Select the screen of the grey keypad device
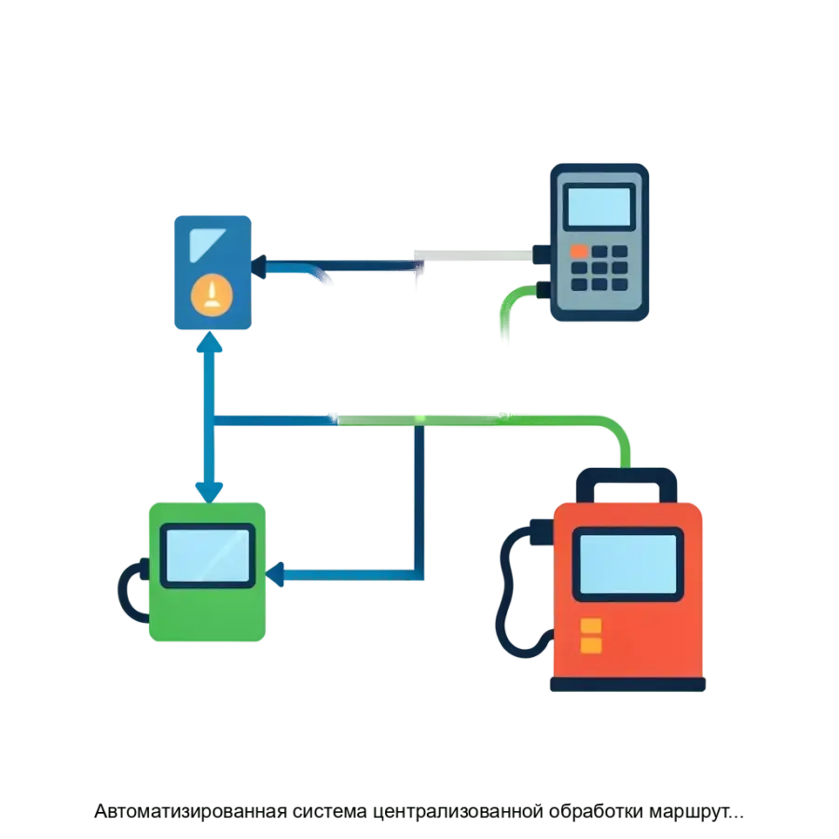599,206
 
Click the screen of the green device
207,556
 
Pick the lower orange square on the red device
591,645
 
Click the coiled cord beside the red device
515,587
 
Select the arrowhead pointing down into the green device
207,488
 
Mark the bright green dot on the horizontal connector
420,416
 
